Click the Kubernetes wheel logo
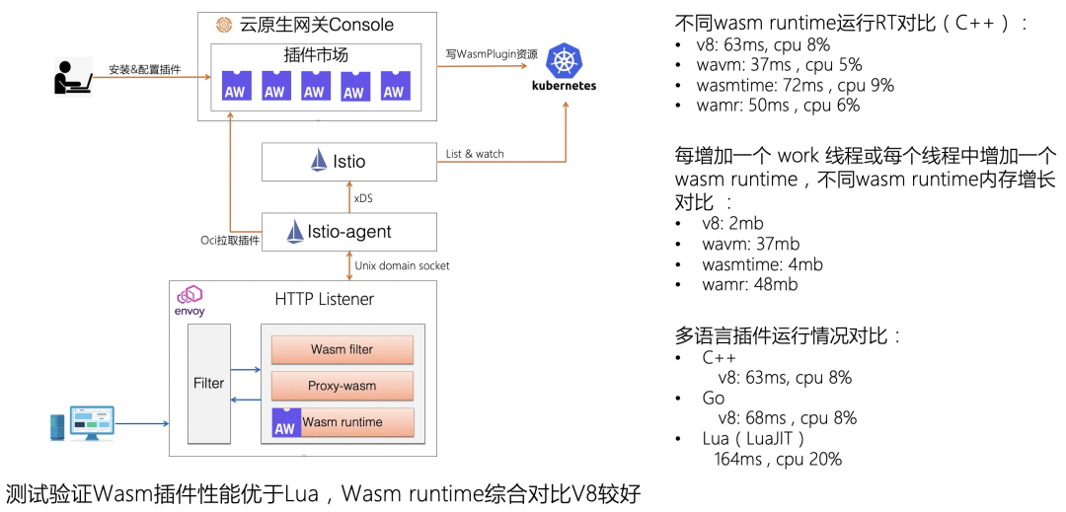pyautogui.click(x=564, y=60)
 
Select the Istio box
pyautogui.click(x=349, y=162)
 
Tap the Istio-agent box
pyautogui.click(x=349, y=232)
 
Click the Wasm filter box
pyautogui.click(x=342, y=349)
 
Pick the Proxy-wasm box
pyautogui.click(x=342, y=386)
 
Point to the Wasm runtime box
pyautogui.click(x=343, y=422)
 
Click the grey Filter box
pyautogui.click(x=208, y=383)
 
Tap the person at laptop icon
pyautogui.click(x=73, y=78)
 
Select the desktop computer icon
pyautogui.click(x=82, y=424)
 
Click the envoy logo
pyautogui.click(x=190, y=302)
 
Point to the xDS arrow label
pyautogui.click(x=363, y=199)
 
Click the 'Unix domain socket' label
pyautogui.click(x=402, y=265)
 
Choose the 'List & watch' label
pyautogui.click(x=475, y=154)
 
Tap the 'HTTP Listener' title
pyautogui.click(x=325, y=299)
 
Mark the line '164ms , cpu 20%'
pyautogui.click(x=778, y=459)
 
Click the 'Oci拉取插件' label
pyautogui.click(x=230, y=241)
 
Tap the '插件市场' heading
pyautogui.click(x=316, y=54)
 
